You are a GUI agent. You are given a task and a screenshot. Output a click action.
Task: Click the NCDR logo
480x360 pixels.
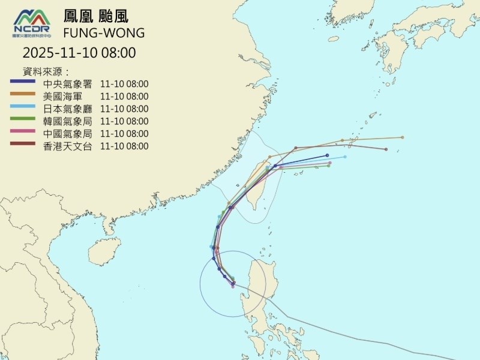click(x=34, y=23)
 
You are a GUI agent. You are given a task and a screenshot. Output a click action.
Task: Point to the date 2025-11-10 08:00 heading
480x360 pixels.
click(x=79, y=53)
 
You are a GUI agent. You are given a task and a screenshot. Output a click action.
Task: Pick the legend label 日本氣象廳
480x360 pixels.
click(x=67, y=109)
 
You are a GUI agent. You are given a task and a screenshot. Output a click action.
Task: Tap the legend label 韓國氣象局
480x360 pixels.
click(x=67, y=121)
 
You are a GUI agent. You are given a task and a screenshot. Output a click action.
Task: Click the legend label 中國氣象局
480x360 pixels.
click(x=67, y=133)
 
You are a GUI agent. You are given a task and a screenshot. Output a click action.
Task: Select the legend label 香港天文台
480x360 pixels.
click(x=67, y=146)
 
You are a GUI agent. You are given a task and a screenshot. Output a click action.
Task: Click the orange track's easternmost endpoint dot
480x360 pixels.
click(x=403, y=137)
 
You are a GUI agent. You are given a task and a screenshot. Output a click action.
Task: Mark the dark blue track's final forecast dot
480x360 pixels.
click(x=328, y=155)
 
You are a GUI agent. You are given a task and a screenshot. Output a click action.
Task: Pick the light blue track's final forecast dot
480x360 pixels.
click(x=345, y=157)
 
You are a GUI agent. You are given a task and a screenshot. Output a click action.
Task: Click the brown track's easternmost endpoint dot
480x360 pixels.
click(x=386, y=149)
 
